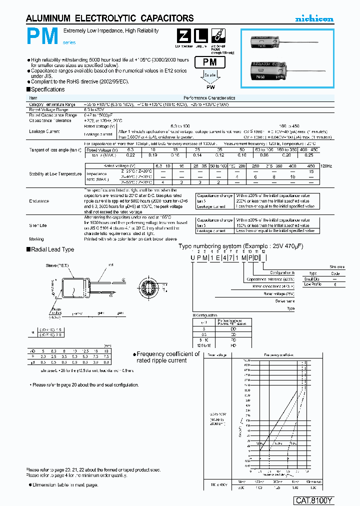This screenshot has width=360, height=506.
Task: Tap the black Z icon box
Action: (183, 36)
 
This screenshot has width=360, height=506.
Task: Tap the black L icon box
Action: (200, 36)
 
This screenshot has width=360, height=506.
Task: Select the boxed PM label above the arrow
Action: (210, 62)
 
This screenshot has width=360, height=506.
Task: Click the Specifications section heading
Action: (47, 89)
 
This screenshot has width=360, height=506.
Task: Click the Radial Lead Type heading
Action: (52, 249)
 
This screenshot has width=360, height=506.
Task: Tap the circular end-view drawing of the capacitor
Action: (150, 289)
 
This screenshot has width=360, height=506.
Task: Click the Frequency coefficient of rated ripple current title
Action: (168, 357)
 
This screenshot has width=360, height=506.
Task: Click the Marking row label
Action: (36, 239)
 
